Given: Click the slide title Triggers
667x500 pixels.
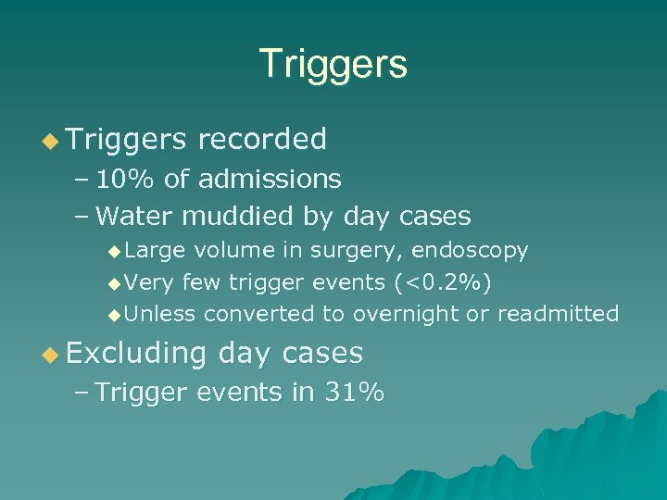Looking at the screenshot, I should click(x=333, y=64).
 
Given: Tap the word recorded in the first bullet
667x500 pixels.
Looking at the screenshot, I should click(x=262, y=139).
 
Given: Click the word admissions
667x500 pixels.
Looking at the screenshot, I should click(x=270, y=179).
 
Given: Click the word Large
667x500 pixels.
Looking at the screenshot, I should click(x=155, y=250).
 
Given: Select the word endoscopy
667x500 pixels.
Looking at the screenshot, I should click(x=470, y=251).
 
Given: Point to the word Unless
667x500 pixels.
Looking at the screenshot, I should click(x=159, y=314).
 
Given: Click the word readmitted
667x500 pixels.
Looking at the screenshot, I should click(x=558, y=314).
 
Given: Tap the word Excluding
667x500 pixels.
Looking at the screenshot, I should click(x=135, y=353).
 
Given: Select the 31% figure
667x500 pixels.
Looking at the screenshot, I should click(x=354, y=393).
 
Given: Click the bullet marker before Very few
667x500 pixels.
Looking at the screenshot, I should click(x=114, y=282).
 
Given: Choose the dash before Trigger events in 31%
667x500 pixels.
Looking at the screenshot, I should click(x=81, y=393).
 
